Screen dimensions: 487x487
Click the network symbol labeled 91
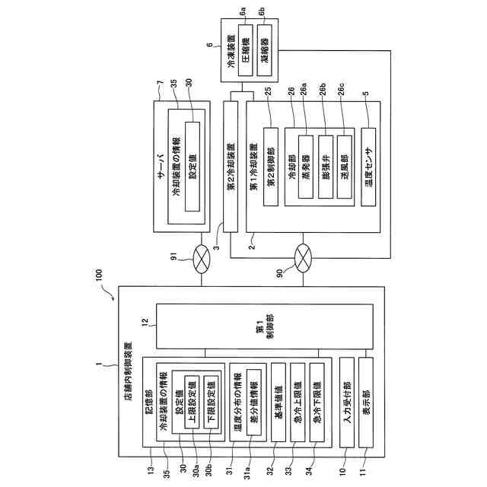tap(201, 259)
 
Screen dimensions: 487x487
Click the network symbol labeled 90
tap(303, 259)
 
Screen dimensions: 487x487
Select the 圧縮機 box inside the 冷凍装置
tap(245, 50)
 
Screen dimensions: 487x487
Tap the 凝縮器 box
tap(265, 50)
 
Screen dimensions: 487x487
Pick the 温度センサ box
tap(368, 167)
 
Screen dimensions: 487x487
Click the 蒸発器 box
tap(306, 167)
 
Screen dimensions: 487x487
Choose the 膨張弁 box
tap(326, 167)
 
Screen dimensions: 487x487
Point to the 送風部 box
tap(345, 167)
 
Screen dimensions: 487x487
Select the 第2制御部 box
tap(271, 167)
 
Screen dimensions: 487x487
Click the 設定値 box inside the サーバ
tap(193, 167)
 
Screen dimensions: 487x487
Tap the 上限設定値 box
tap(192, 402)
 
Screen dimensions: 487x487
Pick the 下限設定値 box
tap(211, 402)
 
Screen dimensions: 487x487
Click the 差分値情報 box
tap(253, 403)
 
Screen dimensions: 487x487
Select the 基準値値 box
tap(279, 403)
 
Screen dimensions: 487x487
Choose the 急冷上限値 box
tap(298, 403)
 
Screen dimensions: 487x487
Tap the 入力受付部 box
tap(347, 403)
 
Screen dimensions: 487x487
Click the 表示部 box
tap(366, 403)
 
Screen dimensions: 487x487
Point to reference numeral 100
tap(98, 275)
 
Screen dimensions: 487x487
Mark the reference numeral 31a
tap(247, 471)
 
